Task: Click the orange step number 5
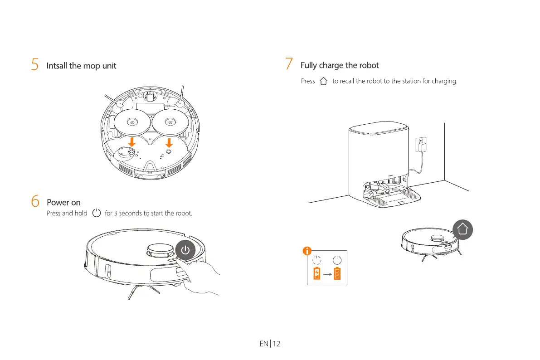click(x=35, y=64)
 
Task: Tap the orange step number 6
click(x=35, y=201)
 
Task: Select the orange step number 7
click(x=289, y=64)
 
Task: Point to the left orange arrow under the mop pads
click(x=131, y=142)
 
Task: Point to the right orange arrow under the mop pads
click(x=169, y=143)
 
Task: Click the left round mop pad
click(x=132, y=122)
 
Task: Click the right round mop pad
click(x=170, y=122)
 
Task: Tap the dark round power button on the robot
click(x=185, y=250)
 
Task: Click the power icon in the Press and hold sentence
click(x=97, y=213)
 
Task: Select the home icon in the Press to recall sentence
click(x=323, y=81)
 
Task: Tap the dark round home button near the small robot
click(x=462, y=229)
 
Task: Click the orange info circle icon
click(x=307, y=251)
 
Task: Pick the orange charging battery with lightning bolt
click(x=317, y=273)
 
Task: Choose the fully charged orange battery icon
click(x=337, y=273)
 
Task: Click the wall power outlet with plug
click(x=421, y=144)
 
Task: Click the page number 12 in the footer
click(x=277, y=344)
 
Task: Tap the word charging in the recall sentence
click(x=444, y=81)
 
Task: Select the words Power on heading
click(x=64, y=202)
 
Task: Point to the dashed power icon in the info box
click(x=316, y=260)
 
